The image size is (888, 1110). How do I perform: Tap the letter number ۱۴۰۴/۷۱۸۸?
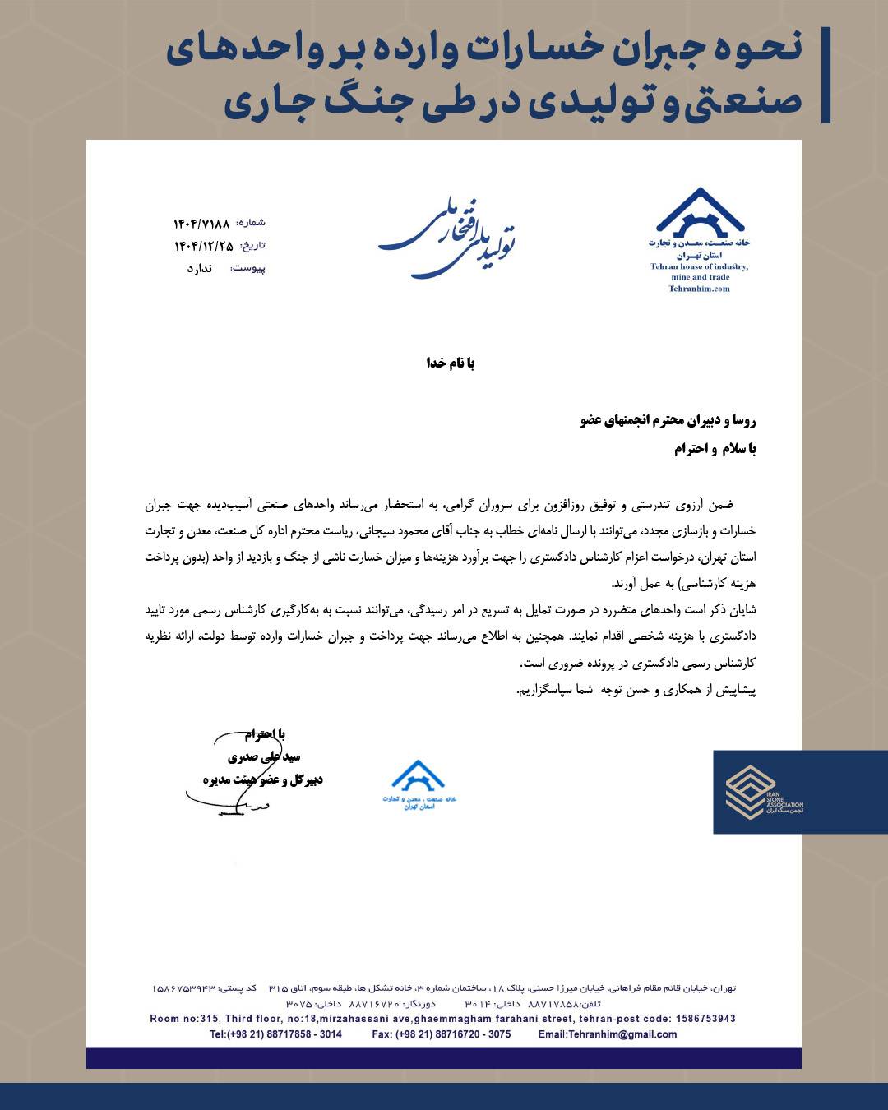coord(201,224)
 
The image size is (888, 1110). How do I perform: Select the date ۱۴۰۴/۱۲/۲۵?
coord(203,246)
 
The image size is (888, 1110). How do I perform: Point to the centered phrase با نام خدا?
coord(450,363)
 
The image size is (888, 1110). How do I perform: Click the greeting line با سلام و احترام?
coord(715,449)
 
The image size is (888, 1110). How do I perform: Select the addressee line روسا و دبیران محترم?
coord(668,421)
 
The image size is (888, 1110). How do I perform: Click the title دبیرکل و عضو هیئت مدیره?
coord(263,779)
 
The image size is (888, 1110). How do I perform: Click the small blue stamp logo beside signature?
coord(418,786)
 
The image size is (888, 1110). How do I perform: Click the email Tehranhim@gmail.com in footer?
coord(608,1034)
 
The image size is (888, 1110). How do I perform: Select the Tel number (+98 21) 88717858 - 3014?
coord(275,1034)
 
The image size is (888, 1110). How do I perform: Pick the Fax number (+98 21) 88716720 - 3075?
coord(441,1034)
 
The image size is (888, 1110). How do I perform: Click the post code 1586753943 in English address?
coord(703,1019)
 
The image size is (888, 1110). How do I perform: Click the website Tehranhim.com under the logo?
coord(699,289)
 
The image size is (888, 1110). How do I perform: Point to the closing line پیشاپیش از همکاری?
coord(636,691)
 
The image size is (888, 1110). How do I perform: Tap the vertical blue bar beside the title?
coord(826,75)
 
